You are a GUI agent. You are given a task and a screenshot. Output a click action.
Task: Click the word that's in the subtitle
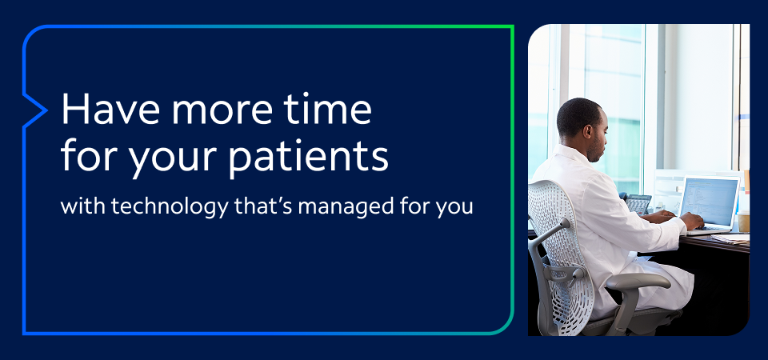tap(242, 205)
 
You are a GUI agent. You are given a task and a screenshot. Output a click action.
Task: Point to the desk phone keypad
tap(638, 205)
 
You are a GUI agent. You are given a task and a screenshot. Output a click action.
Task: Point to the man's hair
tap(577, 112)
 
